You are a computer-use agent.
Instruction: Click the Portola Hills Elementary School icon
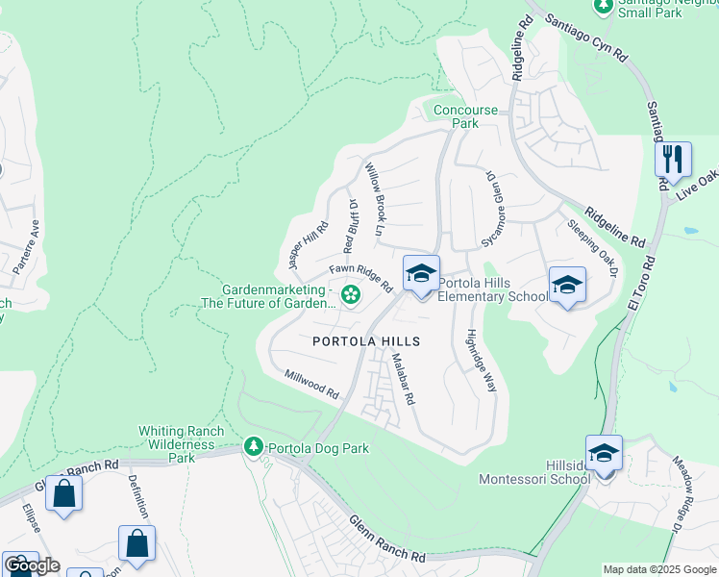[421, 276]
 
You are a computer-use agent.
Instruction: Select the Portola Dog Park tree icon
[255, 447]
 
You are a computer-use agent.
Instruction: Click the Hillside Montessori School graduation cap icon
[604, 455]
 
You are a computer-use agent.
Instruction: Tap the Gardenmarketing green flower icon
[351, 294]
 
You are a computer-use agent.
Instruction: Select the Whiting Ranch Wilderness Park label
[177, 444]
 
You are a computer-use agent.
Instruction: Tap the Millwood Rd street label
[312, 386]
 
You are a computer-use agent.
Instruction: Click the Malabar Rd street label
[402, 378]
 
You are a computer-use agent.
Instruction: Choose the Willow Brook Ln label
[375, 200]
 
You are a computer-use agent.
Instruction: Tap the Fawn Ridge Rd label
[361, 279]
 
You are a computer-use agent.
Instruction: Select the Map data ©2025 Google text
[658, 569]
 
